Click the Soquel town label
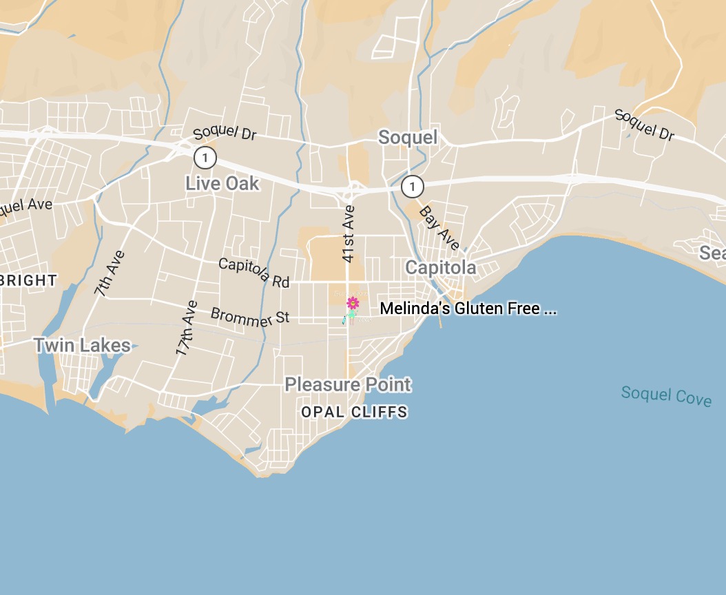click(408, 138)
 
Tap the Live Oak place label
click(222, 183)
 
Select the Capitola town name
click(440, 267)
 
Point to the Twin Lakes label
click(82, 345)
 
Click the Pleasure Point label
click(348, 384)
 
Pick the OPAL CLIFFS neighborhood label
click(355, 413)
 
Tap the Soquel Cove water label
click(666, 396)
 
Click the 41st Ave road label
click(349, 233)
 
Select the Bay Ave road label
click(439, 228)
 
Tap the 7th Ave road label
click(110, 273)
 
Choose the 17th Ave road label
click(187, 328)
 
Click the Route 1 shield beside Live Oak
click(205, 158)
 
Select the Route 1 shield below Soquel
click(412, 186)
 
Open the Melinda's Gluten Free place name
click(468, 309)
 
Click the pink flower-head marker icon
click(353, 302)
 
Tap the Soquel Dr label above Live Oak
click(225, 133)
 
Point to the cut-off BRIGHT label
click(28, 281)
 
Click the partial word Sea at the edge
click(712, 253)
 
